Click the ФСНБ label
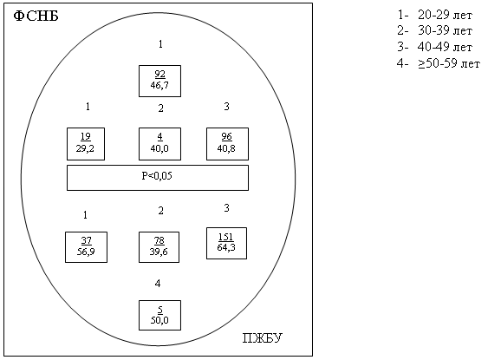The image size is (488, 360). click(36, 16)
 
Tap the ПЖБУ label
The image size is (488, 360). click(263, 338)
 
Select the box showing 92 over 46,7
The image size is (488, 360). click(159, 81)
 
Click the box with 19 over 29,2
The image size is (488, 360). click(86, 144)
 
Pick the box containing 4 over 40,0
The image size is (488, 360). click(159, 144)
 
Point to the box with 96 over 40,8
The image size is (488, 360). click(227, 144)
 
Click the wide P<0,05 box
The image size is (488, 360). click(158, 178)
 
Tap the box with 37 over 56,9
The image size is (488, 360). click(86, 247)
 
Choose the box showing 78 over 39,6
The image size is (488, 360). click(159, 247)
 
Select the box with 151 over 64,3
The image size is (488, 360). click(226, 243)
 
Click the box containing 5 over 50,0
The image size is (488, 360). click(159, 315)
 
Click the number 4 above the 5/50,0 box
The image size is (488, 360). click(158, 284)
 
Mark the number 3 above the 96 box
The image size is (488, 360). click(226, 107)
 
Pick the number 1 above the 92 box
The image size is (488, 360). click(160, 44)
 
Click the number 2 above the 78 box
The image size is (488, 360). click(160, 211)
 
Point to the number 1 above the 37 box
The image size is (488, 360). click(85, 215)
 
